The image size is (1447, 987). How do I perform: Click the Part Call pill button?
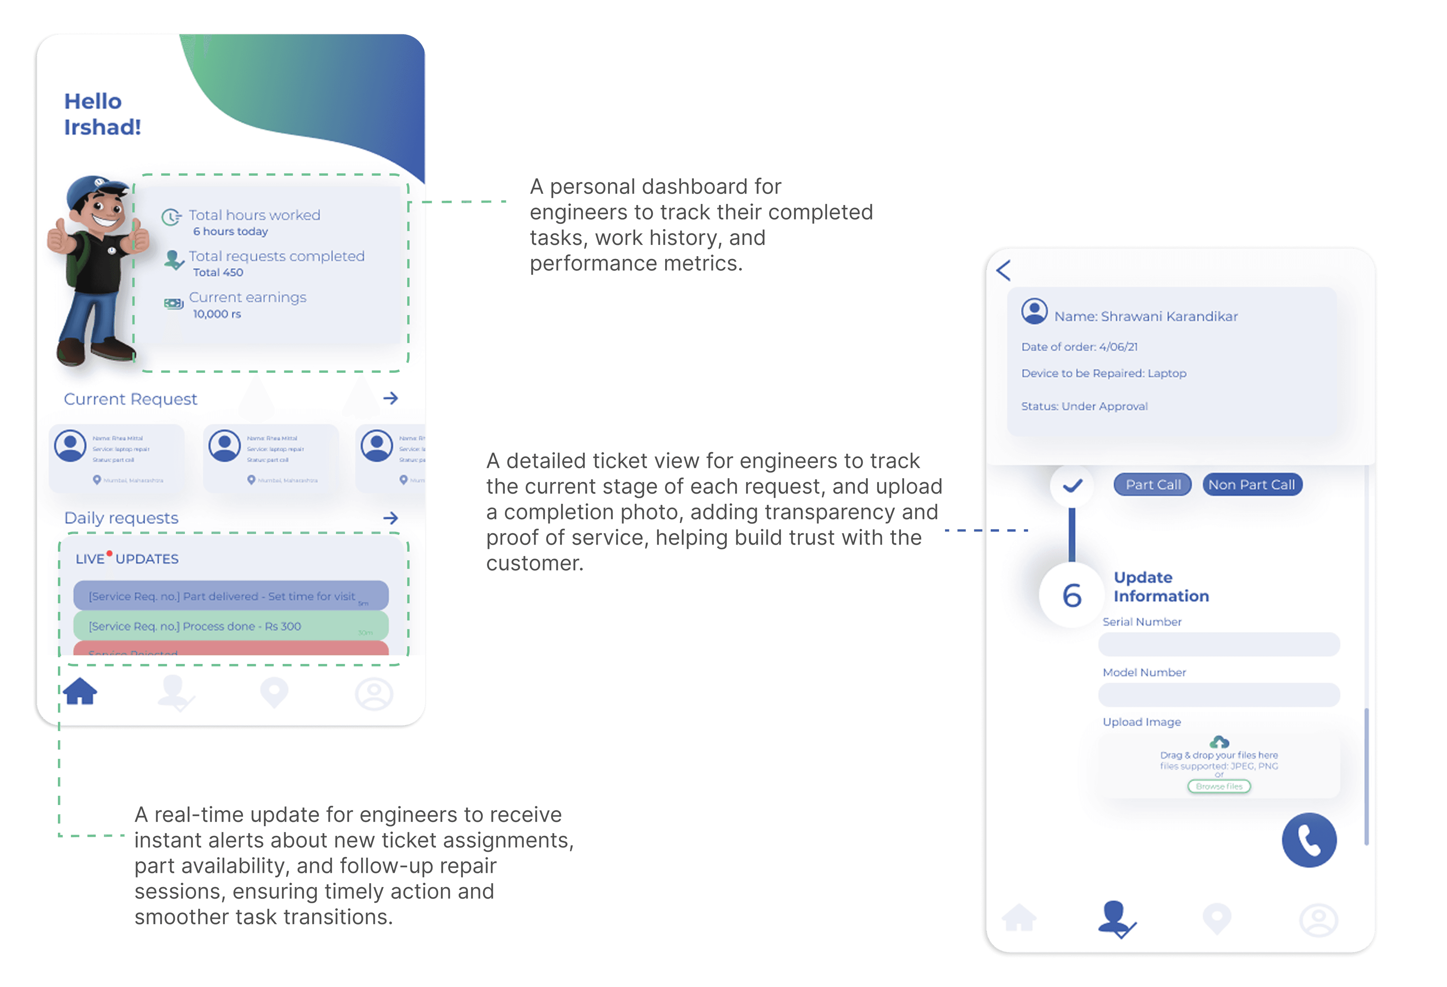1152,484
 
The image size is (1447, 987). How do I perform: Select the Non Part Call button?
1252,484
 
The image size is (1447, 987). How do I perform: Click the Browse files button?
1218,787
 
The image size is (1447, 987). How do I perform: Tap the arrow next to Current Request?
390,398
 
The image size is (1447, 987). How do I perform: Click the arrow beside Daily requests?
390,517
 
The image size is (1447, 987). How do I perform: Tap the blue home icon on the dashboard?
80,691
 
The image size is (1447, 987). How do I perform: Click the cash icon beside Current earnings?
173,303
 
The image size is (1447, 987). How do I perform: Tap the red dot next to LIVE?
110,553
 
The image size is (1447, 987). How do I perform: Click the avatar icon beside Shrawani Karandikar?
1034,311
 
